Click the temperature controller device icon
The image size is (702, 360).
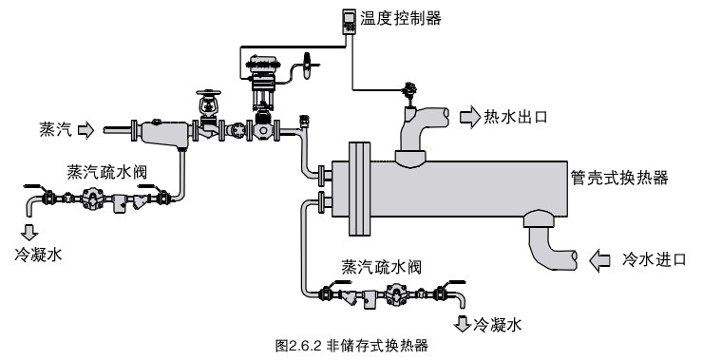(x=350, y=21)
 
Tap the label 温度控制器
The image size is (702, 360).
(x=401, y=18)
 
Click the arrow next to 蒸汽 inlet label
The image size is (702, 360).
(x=85, y=130)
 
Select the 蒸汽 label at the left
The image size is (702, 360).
(x=55, y=130)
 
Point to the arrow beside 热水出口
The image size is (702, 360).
(x=470, y=118)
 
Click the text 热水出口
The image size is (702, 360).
(x=516, y=118)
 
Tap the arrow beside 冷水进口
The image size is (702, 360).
(x=599, y=260)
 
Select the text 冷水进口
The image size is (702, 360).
(x=655, y=259)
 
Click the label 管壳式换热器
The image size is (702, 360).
(x=619, y=178)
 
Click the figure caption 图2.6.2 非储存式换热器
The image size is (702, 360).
(x=351, y=346)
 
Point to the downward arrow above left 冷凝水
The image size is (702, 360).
(x=29, y=232)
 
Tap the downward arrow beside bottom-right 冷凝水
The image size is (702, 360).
(x=462, y=323)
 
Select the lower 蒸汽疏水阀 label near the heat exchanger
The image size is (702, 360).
(x=382, y=267)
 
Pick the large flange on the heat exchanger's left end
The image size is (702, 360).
(x=359, y=189)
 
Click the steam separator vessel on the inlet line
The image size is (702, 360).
(x=162, y=133)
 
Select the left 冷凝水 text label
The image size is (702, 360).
(x=38, y=256)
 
